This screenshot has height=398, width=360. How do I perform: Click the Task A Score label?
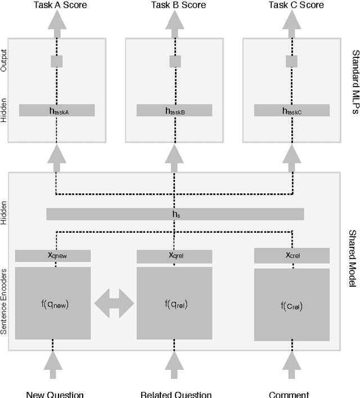(x=56, y=5)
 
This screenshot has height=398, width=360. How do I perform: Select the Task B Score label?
(x=175, y=5)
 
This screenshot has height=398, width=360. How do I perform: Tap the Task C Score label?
(x=294, y=5)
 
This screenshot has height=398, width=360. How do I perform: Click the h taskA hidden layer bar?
(x=57, y=111)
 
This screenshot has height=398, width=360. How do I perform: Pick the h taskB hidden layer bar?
(x=175, y=111)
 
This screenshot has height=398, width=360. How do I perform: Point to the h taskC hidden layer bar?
(x=292, y=111)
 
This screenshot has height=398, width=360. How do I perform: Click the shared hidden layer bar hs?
(x=175, y=214)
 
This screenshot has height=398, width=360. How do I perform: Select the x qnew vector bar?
(x=52, y=256)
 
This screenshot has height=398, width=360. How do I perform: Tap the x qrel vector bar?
(x=175, y=256)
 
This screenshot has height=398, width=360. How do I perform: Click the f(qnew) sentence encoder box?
(x=52, y=304)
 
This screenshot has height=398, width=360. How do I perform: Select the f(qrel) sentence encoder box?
(x=175, y=304)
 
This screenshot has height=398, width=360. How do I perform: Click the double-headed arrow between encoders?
(x=114, y=304)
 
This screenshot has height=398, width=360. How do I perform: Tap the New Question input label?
(x=55, y=394)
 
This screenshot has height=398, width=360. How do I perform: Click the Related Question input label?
(x=175, y=394)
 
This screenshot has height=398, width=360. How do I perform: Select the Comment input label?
(x=289, y=394)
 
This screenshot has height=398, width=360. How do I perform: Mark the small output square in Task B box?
(x=175, y=61)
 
